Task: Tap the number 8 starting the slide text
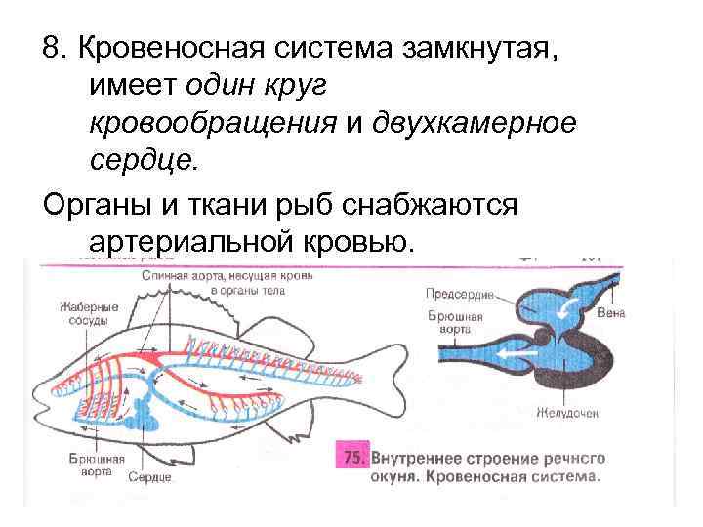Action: [x=50, y=49]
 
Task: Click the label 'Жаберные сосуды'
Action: [x=89, y=313]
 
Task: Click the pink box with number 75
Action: [x=351, y=457]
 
